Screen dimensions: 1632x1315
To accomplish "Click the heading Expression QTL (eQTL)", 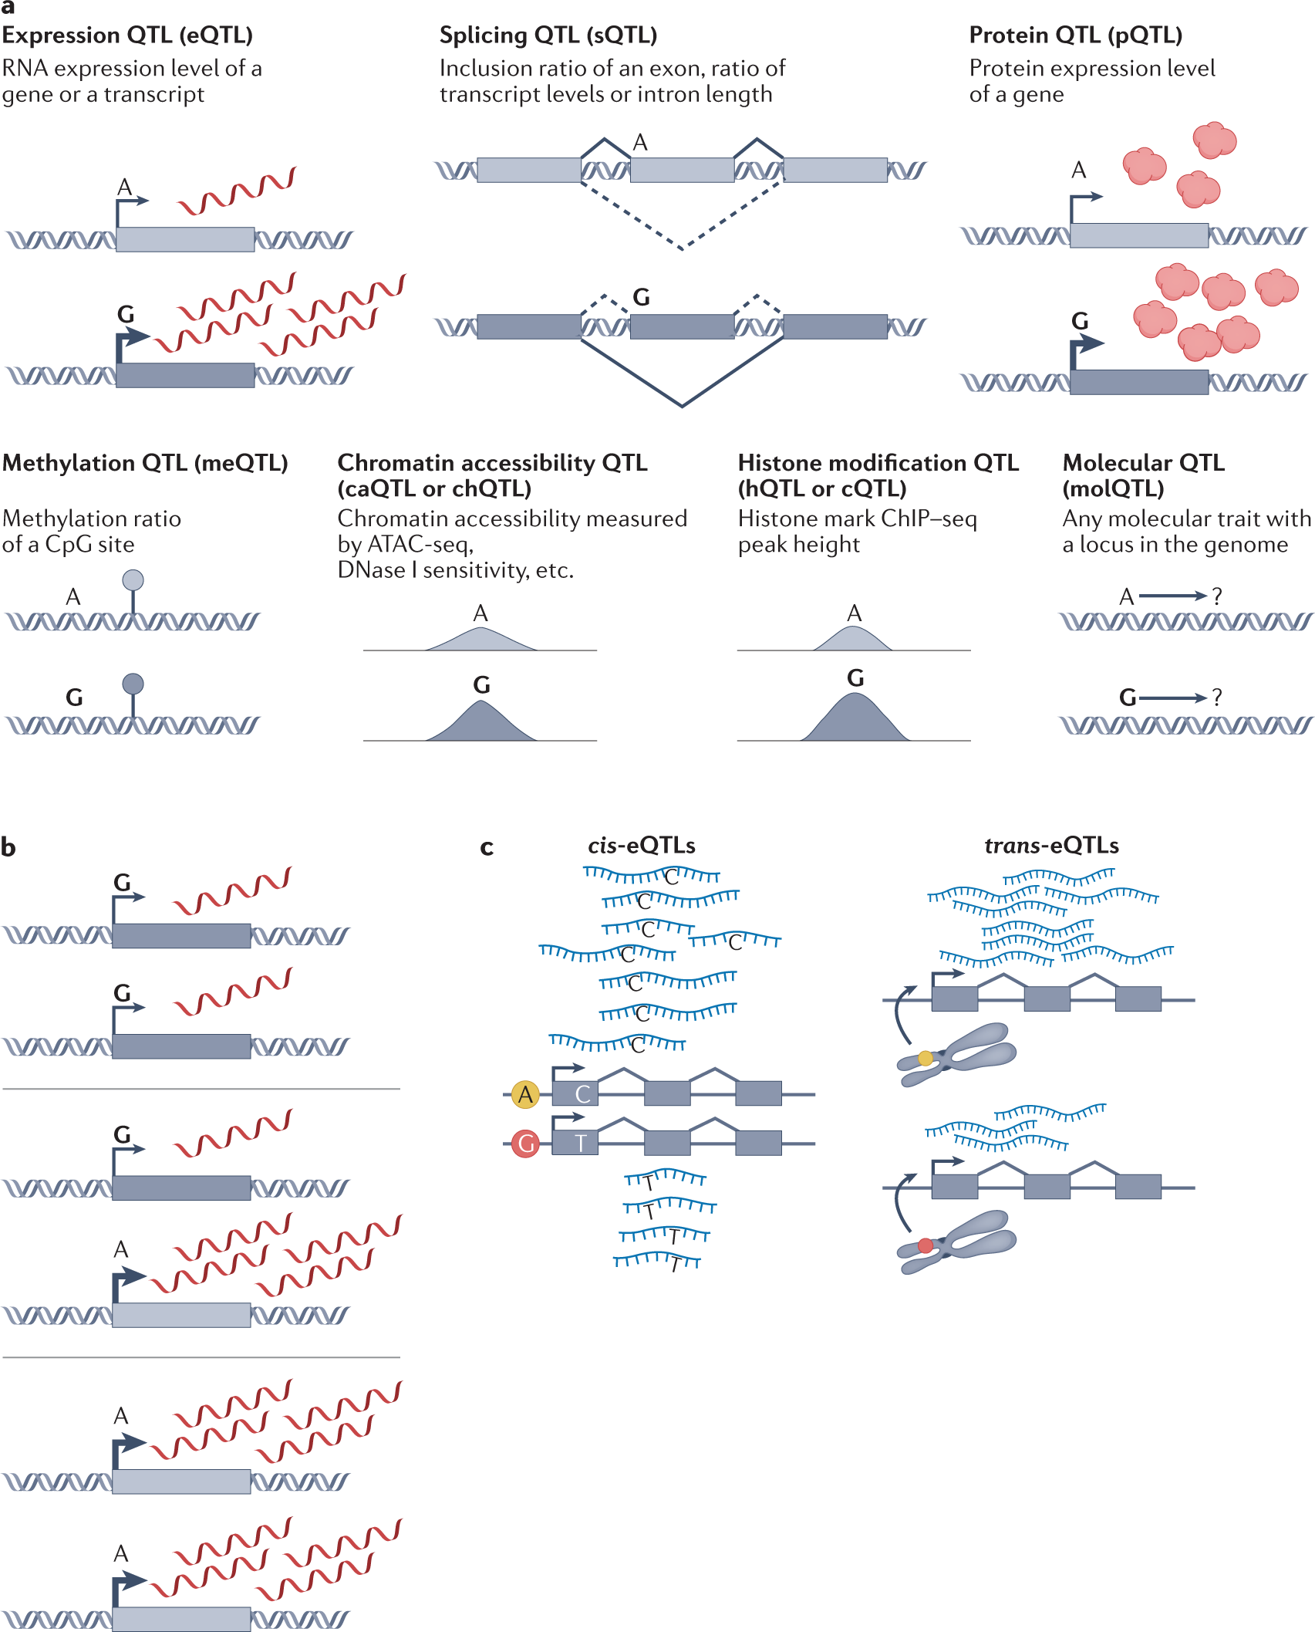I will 127,35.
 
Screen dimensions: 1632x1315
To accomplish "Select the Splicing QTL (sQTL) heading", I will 548,35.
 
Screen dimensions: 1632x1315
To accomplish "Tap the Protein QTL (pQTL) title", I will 1075,35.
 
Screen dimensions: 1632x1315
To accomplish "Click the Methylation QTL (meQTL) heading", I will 145,463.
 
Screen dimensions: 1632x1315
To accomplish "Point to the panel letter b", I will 8,847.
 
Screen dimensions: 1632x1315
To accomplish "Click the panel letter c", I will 487,848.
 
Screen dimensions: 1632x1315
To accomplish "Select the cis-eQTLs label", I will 641,846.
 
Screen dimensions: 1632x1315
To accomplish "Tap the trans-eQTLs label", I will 1051,846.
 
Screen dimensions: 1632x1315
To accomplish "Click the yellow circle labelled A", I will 525,1094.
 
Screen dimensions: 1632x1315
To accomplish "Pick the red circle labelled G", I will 526,1143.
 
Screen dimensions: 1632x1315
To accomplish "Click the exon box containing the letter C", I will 575,1094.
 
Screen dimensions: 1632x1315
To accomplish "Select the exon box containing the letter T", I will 575,1143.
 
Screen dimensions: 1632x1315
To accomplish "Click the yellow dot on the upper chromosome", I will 925,1058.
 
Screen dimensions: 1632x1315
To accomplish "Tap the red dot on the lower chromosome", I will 925,1245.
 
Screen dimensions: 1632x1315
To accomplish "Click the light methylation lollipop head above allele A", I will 133,579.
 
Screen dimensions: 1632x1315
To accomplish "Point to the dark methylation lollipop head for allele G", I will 133,684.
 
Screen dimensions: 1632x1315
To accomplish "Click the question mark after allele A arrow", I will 1217,596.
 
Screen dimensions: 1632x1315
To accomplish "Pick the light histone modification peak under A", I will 853,640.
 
